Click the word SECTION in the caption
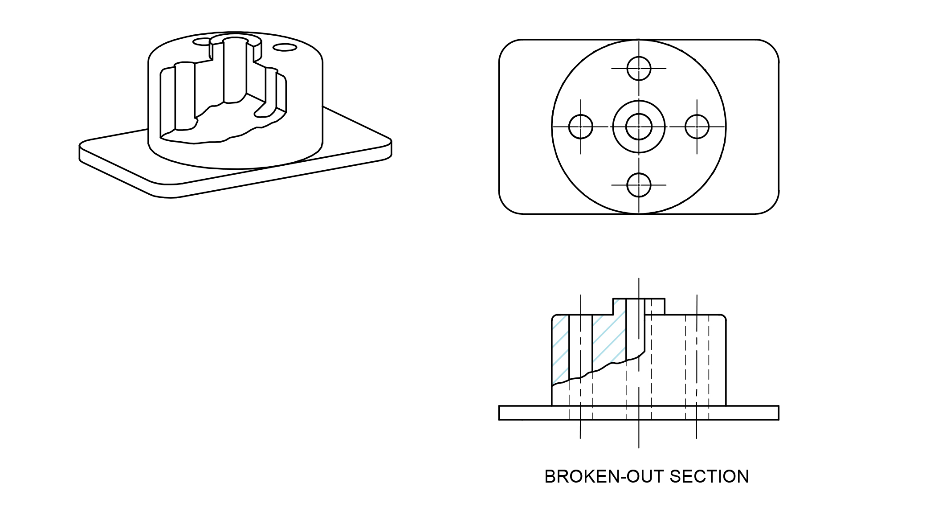click(x=709, y=477)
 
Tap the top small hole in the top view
click(x=639, y=69)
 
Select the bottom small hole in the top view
click(x=639, y=185)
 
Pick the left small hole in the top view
click(x=581, y=127)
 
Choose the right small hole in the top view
click(x=697, y=127)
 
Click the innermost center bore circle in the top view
click(x=639, y=127)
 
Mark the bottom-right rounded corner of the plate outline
click(x=771, y=207)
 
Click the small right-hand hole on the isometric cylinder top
click(x=285, y=47)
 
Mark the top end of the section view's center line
click(x=639, y=280)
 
